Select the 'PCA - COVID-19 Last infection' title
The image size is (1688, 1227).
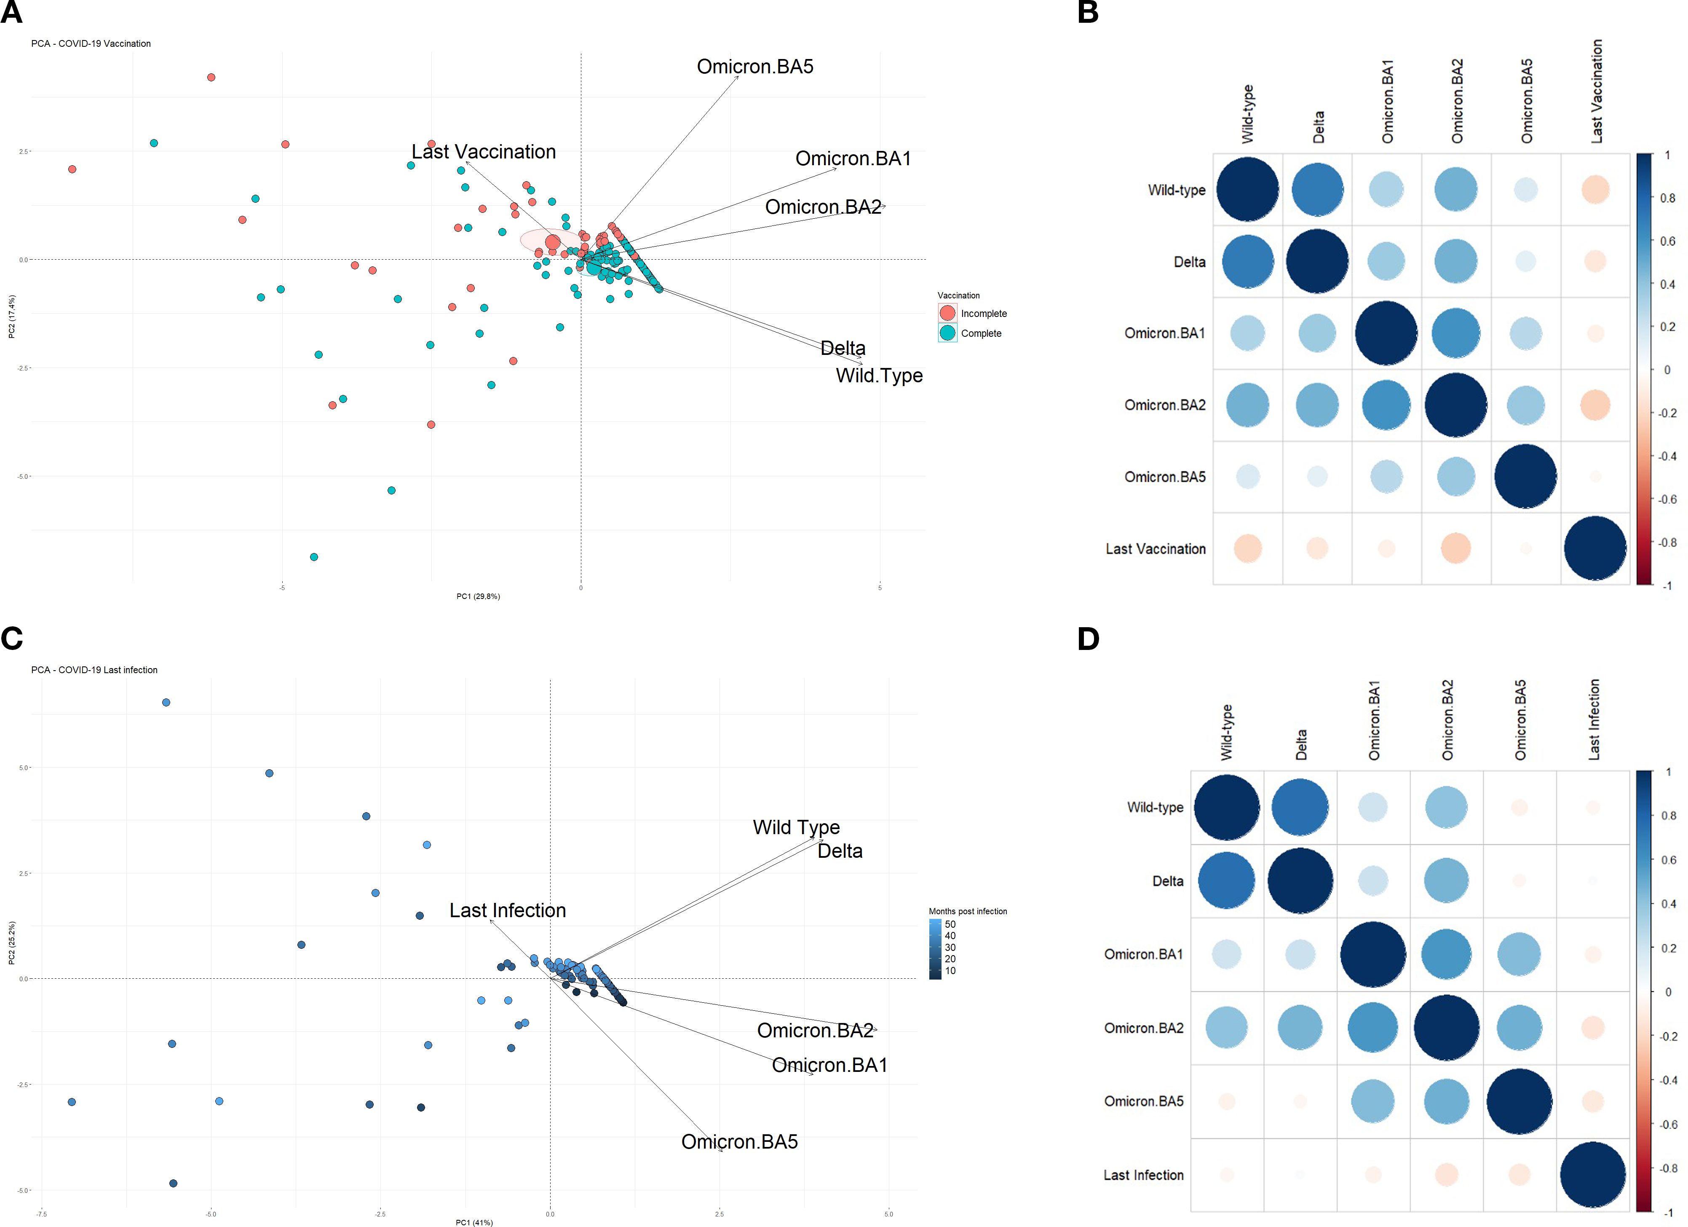click(x=94, y=670)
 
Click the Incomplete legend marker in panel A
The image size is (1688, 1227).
click(x=947, y=314)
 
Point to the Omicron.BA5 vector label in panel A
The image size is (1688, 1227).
click(x=754, y=67)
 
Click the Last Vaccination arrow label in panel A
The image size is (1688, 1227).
click(x=484, y=152)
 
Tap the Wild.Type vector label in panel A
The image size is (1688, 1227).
click(x=879, y=376)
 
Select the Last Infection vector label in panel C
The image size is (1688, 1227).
click(x=508, y=910)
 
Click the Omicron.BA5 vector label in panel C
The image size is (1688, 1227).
click(x=739, y=1142)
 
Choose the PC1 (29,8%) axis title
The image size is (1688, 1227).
click(x=478, y=596)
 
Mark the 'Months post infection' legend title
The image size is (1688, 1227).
click(x=968, y=911)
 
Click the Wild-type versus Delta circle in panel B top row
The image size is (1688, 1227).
click(x=1317, y=190)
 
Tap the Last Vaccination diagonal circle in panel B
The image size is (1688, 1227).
click(x=1595, y=549)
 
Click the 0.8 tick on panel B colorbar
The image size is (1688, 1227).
click(x=1667, y=198)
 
